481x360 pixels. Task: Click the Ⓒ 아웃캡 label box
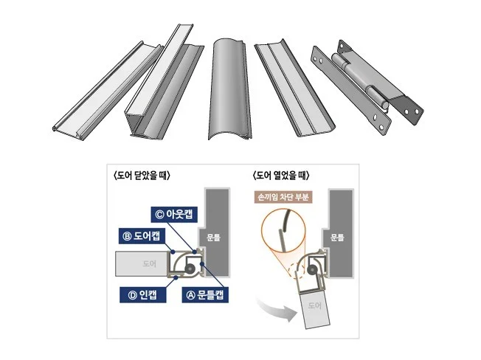pos(174,214)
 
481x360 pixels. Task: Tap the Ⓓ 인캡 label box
pos(143,294)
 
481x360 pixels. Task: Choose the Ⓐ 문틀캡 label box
pos(205,294)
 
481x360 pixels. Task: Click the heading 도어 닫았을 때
pos(142,176)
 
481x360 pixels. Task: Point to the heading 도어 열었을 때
pos(281,176)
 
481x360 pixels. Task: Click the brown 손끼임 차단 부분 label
pos(283,197)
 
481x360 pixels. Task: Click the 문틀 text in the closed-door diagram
pos(213,238)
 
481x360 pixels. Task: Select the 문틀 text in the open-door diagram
pos(337,238)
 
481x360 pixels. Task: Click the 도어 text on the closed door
pos(150,263)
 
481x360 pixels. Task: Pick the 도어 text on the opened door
pos(315,305)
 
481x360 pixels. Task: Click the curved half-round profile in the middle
pos(229,89)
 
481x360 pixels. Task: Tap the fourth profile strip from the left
pos(294,90)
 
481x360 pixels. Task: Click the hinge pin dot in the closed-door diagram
pos(190,269)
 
